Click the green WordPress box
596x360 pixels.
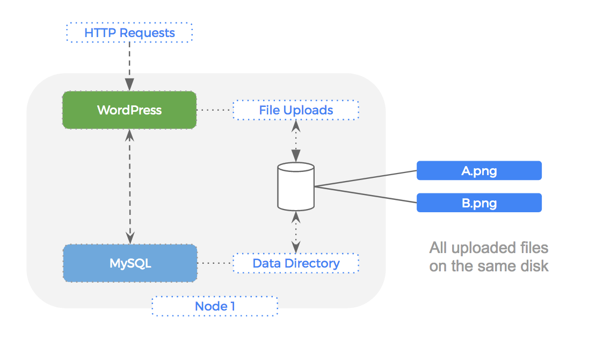pyautogui.click(x=129, y=110)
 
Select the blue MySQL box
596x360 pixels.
pyautogui.click(x=130, y=263)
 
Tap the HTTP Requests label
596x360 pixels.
pyautogui.click(x=129, y=33)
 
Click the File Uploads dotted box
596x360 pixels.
pyautogui.click(x=296, y=110)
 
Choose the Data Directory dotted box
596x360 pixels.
pyautogui.click(x=296, y=263)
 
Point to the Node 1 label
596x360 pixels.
pyautogui.click(x=215, y=306)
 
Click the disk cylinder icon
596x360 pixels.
pyautogui.click(x=295, y=186)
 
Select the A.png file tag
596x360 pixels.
pyautogui.click(x=479, y=171)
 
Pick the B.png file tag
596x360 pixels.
pyautogui.click(x=479, y=203)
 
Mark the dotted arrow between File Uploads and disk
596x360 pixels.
pyautogui.click(x=295, y=141)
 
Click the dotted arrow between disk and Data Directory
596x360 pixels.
pyautogui.click(x=295, y=232)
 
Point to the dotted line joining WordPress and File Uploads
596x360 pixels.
pyautogui.click(x=214, y=110)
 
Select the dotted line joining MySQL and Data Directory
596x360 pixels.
pyautogui.click(x=215, y=263)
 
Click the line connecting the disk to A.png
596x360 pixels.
pyautogui.click(x=365, y=179)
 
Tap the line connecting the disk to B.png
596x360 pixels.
pyautogui.click(x=365, y=195)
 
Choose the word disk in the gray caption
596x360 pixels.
pyautogui.click(x=535, y=266)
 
